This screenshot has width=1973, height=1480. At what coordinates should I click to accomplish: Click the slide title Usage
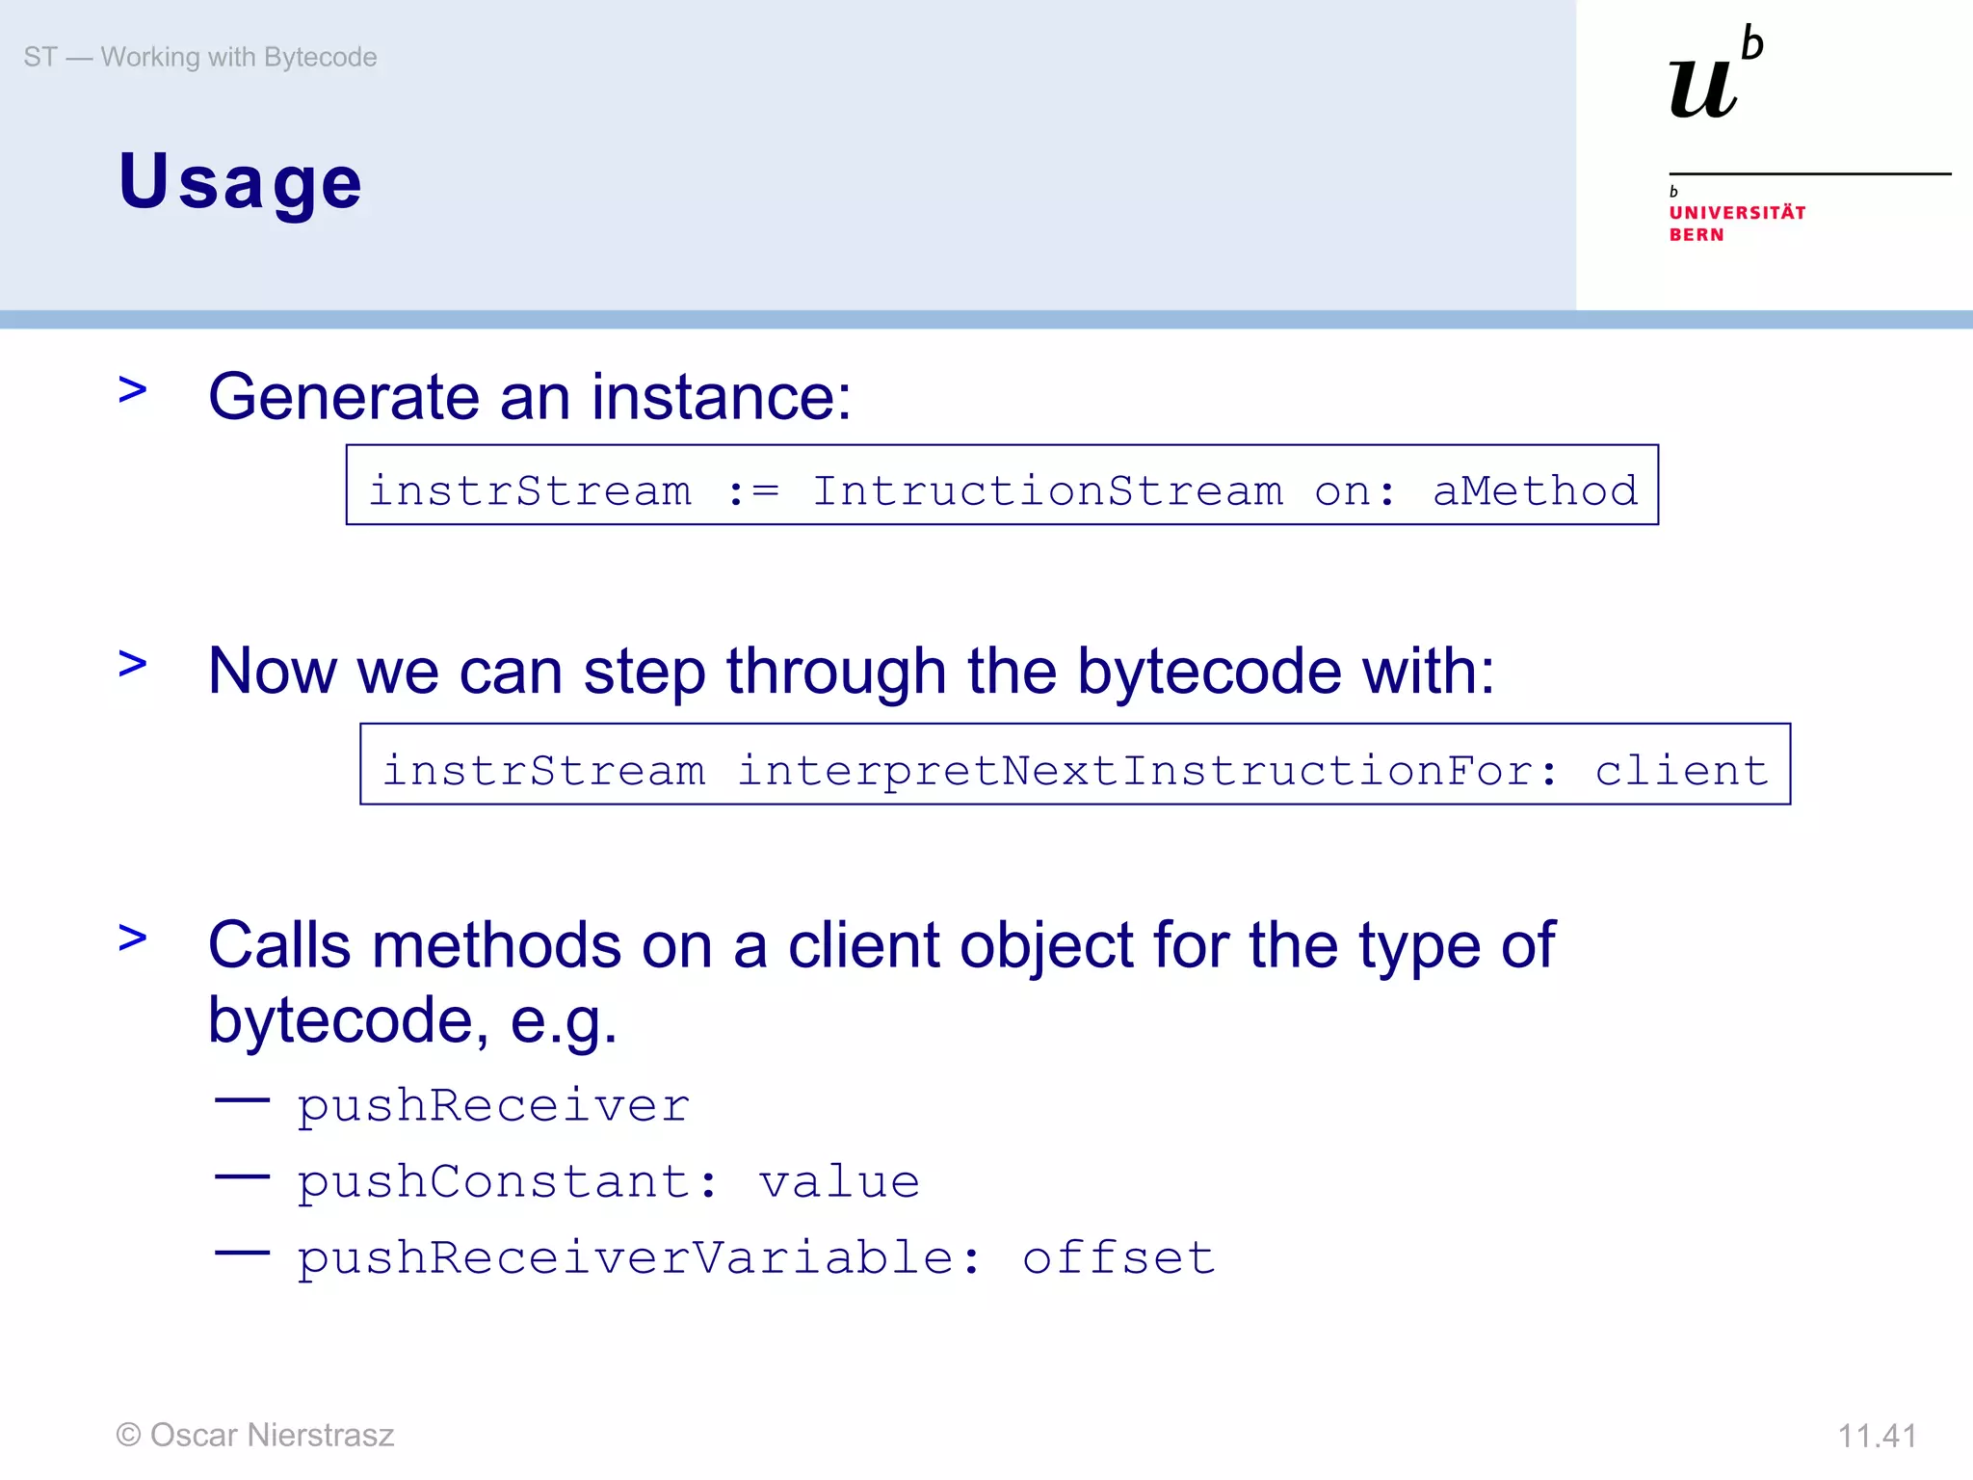point(240,181)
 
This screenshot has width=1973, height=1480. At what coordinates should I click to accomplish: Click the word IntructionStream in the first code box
point(1047,490)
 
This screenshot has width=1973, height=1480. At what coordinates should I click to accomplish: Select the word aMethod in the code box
point(1535,490)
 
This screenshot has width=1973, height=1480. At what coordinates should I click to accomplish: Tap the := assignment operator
point(752,490)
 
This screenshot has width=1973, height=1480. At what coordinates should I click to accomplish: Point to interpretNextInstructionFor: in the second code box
point(1146,770)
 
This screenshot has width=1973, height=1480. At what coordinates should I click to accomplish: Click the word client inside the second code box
point(1681,770)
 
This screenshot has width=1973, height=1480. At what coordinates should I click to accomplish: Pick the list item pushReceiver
point(492,1104)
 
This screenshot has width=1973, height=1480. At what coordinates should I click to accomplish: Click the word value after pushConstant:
point(838,1180)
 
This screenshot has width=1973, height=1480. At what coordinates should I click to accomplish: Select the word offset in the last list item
point(1118,1256)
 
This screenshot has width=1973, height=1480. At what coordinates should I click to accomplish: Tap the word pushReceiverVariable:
point(638,1257)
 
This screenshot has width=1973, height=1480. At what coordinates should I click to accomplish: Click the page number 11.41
point(1877,1436)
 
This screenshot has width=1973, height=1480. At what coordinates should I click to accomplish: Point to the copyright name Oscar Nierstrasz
point(272,1435)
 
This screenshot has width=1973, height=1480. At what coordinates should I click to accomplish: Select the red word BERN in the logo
point(1697,235)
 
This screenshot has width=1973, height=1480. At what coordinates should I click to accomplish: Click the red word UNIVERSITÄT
point(1737,213)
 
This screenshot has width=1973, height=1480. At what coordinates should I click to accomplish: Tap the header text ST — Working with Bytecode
point(200,57)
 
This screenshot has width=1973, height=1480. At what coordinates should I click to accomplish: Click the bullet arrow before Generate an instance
point(133,389)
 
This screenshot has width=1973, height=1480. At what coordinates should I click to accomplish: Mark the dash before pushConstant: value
point(242,1176)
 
